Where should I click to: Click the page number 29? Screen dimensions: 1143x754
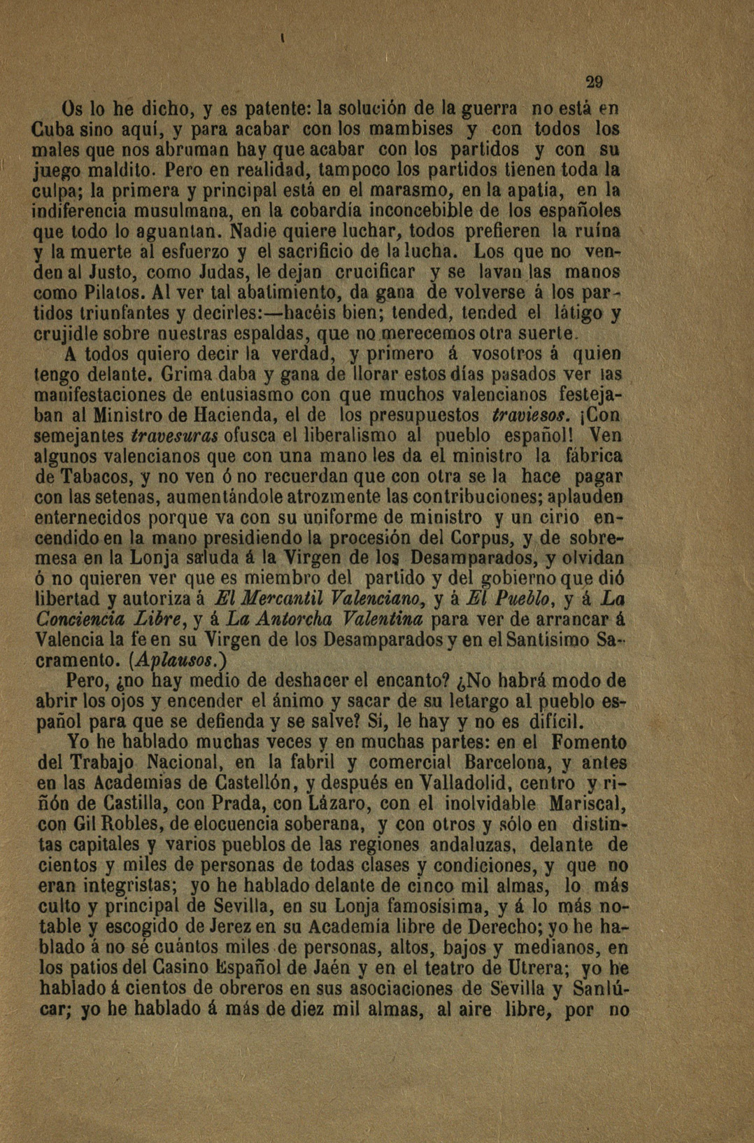click(x=595, y=81)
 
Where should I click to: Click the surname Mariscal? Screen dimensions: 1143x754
click(x=586, y=803)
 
